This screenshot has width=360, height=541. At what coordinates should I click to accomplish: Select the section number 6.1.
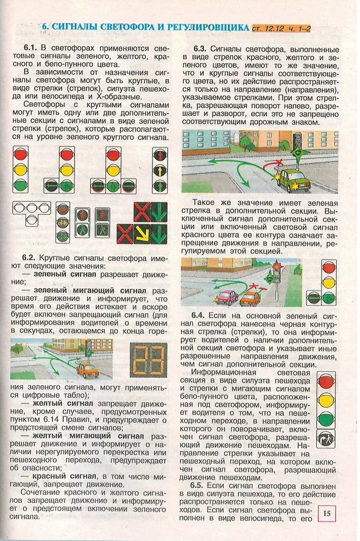point(33,48)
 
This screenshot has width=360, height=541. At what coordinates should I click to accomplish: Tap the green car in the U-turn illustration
point(292,177)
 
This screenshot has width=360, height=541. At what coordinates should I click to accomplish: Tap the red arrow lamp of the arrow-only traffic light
point(160,155)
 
